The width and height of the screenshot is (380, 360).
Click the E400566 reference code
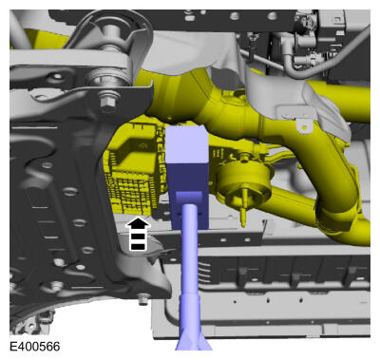point(34,347)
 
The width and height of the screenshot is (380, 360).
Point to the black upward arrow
point(138,234)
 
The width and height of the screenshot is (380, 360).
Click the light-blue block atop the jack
point(187,144)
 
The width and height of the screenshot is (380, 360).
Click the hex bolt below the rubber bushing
point(108,101)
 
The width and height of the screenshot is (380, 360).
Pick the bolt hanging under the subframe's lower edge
point(143,298)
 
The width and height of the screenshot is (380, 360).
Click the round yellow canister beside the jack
point(245,180)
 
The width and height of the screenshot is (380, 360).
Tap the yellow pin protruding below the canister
point(243,215)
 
